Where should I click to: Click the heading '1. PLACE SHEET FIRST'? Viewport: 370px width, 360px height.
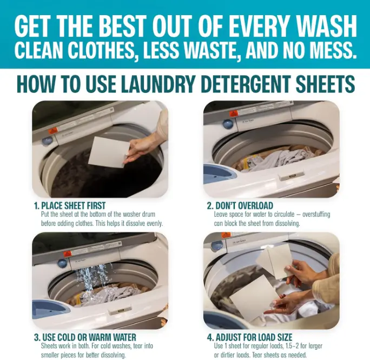click(70, 205)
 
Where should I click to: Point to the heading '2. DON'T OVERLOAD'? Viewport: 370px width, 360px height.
click(240, 205)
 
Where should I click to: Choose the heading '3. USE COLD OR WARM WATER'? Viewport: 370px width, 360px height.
click(85, 337)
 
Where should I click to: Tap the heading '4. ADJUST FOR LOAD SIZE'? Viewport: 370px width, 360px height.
click(250, 337)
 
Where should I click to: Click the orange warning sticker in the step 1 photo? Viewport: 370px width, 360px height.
click(53, 131)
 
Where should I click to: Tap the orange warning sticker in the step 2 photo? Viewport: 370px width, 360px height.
click(234, 114)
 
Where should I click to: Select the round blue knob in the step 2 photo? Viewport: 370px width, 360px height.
click(228, 124)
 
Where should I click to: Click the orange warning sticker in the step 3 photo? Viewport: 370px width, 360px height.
click(68, 255)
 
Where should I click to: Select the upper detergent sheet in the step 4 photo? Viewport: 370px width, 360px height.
click(275, 261)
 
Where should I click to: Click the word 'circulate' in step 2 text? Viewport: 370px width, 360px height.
click(283, 214)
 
